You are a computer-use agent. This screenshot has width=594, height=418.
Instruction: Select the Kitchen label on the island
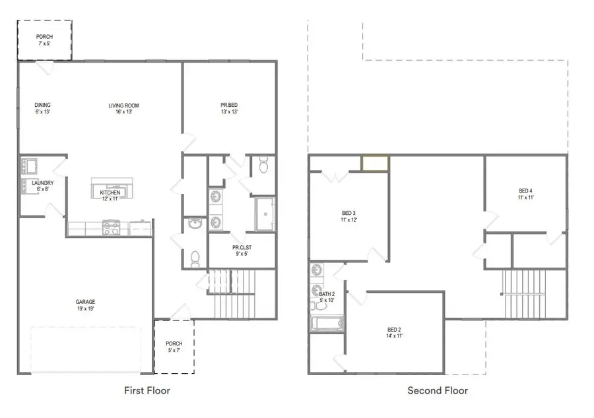110,193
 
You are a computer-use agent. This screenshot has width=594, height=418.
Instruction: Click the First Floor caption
147,391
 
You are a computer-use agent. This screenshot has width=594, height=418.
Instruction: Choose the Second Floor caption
438,391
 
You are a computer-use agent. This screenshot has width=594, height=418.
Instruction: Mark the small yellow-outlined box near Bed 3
375,163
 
